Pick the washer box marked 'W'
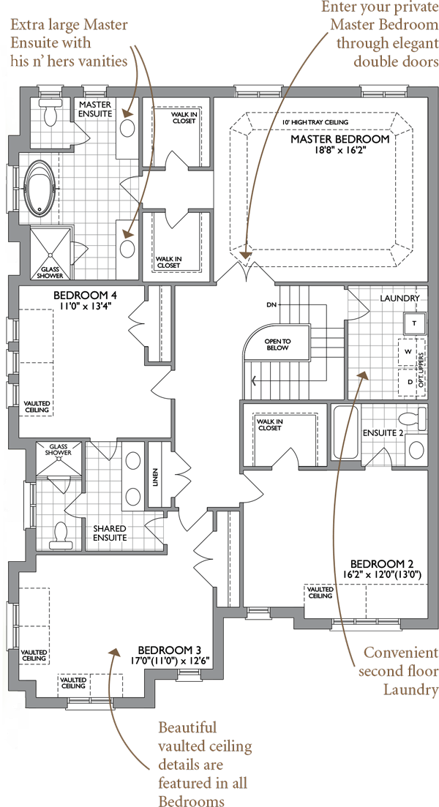coord(408,352)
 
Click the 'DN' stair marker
coord(271,305)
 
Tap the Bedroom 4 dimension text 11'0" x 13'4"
coord(86,305)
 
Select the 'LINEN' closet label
coord(154,478)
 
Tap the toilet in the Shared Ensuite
coord(61,534)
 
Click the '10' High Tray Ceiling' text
coord(316,122)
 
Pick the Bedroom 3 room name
coord(170,650)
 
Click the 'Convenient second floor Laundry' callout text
coord(398,671)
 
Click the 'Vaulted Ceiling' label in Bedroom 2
coord(320,593)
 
